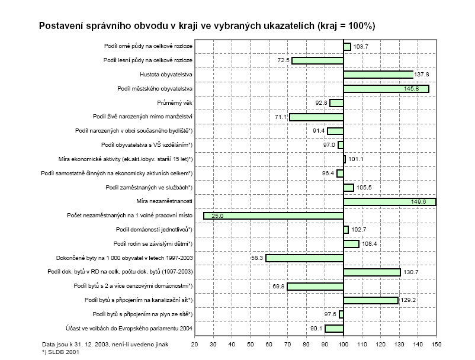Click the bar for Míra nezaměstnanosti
coord(389,202)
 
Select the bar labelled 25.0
coord(273,216)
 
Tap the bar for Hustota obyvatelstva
coord(378,75)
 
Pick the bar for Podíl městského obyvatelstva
coord(386,89)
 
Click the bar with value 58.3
coord(304,258)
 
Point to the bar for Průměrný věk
coord(336,103)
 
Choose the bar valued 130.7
coord(372,272)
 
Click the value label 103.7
coord(361,46)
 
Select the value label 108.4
coord(370,244)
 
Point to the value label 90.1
coord(312,329)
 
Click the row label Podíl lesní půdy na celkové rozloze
coord(147,60)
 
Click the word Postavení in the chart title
coord(62,26)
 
